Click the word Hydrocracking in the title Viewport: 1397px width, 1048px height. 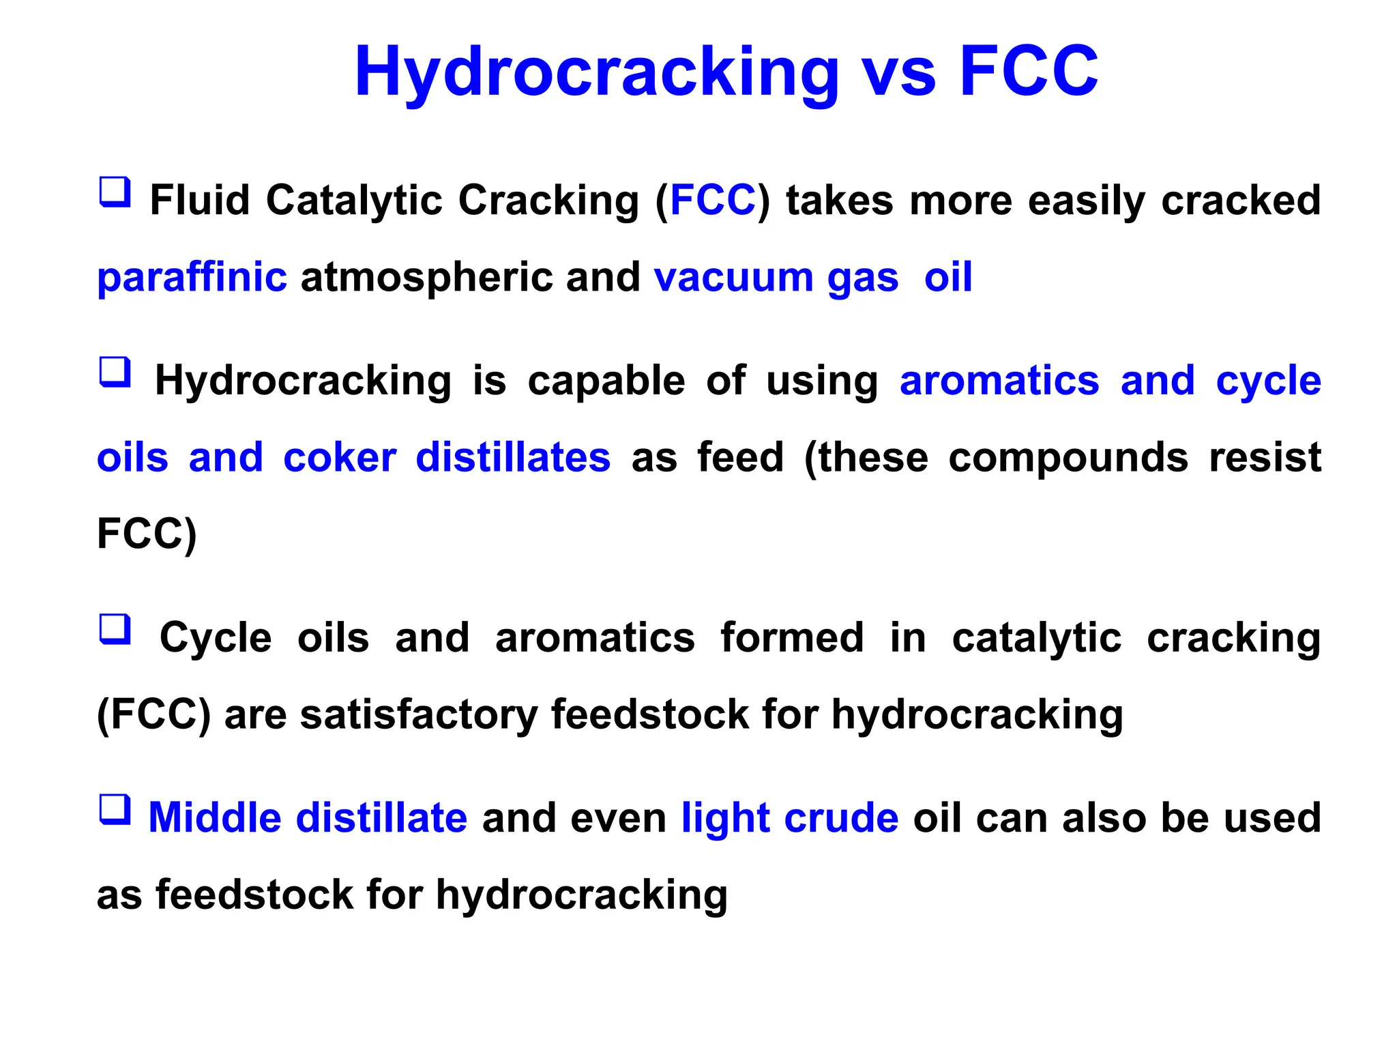click(596, 72)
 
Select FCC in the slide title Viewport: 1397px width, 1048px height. click(1029, 71)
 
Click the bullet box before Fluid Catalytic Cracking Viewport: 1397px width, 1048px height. click(115, 192)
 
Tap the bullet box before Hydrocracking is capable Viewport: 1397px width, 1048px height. click(115, 372)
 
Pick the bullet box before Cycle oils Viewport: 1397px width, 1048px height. click(115, 628)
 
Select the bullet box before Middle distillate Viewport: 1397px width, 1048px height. click(115, 809)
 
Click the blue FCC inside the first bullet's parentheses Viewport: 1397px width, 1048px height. click(713, 200)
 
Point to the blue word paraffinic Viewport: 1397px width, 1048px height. click(192, 278)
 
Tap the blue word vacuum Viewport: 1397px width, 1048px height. click(733, 278)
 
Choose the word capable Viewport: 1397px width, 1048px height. click(606, 381)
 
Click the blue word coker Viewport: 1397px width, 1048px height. click(339, 458)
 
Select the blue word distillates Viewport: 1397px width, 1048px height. click(512, 458)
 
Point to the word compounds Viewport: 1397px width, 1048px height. click(1068, 458)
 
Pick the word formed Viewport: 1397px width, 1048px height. click(791, 638)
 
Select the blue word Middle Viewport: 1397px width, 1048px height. click(214, 818)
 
